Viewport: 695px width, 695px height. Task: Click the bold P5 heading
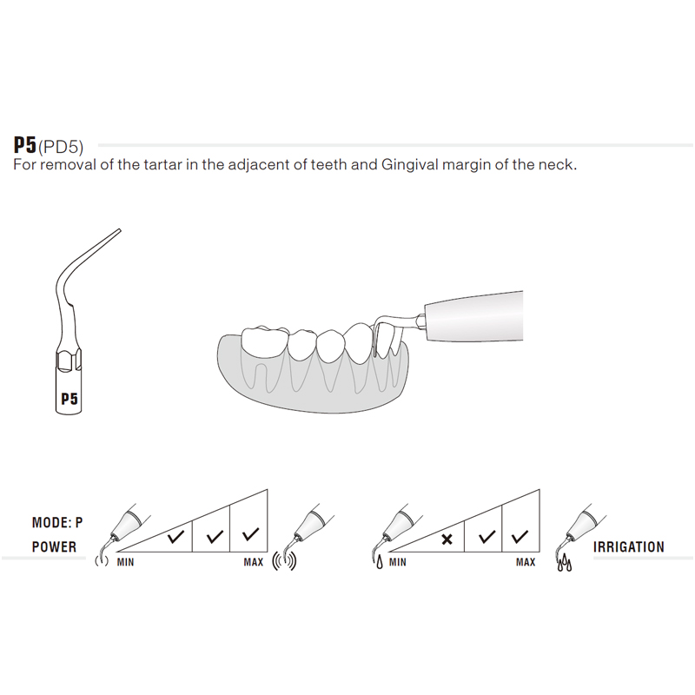[25, 144]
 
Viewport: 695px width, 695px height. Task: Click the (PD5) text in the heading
[61, 147]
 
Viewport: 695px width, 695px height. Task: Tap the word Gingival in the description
[409, 165]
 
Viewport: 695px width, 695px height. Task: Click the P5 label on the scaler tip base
[69, 399]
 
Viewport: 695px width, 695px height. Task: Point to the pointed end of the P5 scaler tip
[120, 230]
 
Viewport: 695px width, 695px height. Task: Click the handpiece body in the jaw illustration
[474, 315]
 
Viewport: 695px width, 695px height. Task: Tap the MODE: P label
[57, 523]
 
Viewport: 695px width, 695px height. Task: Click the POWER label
[54, 546]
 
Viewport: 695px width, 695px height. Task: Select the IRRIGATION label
[628, 547]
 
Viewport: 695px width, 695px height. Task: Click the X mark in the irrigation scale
[447, 539]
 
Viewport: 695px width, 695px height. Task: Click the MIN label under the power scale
[125, 562]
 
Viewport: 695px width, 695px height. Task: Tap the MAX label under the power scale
[254, 562]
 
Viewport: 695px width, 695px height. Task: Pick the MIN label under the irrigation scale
[398, 562]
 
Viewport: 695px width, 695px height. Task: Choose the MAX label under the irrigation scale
[526, 562]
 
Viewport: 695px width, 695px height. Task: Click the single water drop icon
[380, 563]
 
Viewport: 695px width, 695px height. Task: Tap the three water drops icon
[564, 562]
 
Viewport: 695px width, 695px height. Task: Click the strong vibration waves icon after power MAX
[284, 561]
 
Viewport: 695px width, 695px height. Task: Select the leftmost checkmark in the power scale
[176, 537]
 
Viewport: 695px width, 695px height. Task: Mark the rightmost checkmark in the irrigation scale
[520, 537]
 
